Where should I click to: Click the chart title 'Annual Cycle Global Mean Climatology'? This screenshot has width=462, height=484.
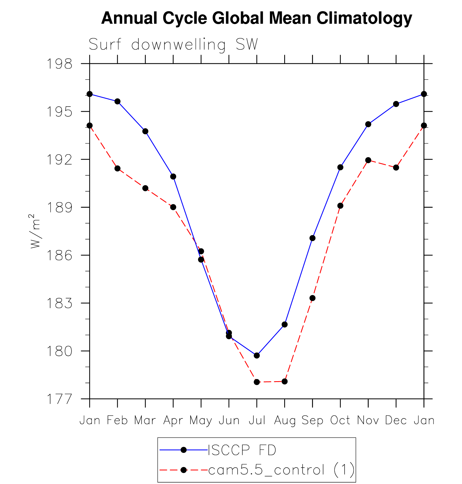(x=257, y=18)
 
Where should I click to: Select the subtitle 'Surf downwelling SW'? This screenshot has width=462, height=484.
(x=173, y=45)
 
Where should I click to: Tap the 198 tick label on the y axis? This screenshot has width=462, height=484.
(x=60, y=64)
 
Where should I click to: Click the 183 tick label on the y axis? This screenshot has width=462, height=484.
(x=60, y=303)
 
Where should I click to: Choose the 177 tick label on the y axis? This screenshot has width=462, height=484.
(x=60, y=399)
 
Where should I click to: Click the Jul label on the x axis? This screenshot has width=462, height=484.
(x=257, y=420)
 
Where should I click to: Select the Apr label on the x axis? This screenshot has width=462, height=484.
(x=173, y=420)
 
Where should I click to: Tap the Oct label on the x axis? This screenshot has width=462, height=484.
(x=340, y=420)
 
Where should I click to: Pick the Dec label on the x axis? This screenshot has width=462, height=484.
(x=396, y=420)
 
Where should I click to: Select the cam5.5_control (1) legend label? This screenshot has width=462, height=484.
(x=281, y=470)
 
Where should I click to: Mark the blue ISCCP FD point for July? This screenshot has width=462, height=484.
(x=257, y=355)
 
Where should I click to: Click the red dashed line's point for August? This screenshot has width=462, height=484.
(x=284, y=381)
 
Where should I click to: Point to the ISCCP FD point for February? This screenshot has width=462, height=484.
(x=118, y=101)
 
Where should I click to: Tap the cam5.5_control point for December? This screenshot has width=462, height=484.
(x=396, y=167)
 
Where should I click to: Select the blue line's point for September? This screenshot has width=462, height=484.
(x=312, y=238)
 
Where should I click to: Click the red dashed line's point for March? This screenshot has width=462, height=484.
(x=145, y=188)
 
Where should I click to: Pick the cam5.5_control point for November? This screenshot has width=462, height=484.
(x=368, y=160)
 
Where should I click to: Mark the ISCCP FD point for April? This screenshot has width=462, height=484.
(x=173, y=177)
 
